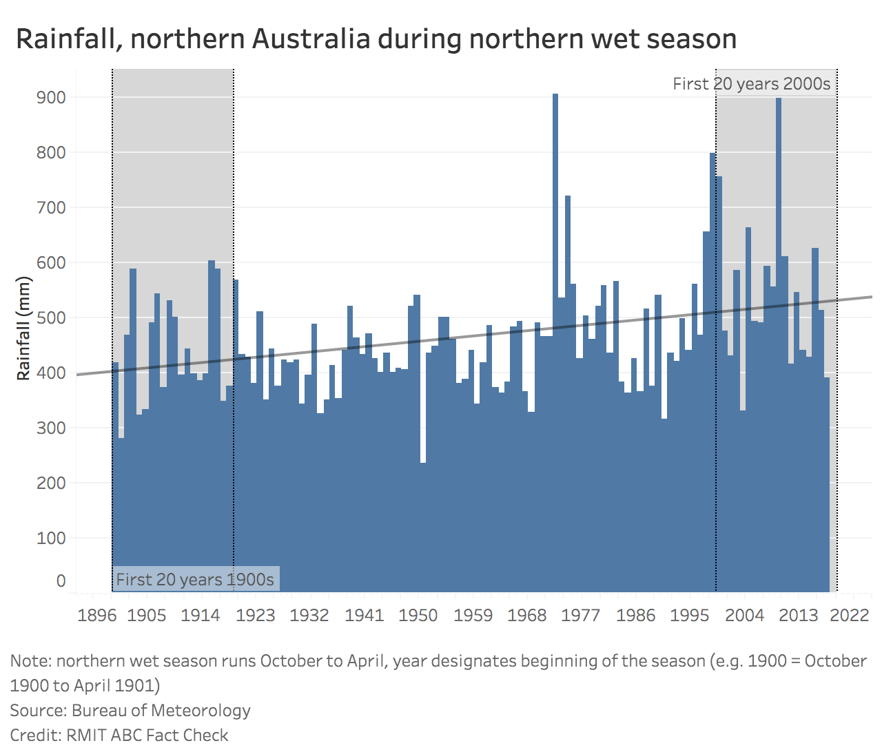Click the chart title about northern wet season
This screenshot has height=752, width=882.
point(376,39)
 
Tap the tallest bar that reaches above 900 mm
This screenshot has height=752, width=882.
point(555,344)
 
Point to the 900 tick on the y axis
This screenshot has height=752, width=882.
point(51,97)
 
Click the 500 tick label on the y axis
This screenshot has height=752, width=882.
point(51,317)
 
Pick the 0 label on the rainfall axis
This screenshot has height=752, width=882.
point(61,581)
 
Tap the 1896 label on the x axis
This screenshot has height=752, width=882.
point(97,615)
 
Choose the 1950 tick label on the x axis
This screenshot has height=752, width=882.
point(418,615)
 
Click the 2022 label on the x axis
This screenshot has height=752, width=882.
point(850,615)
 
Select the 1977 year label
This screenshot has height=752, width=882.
point(581,615)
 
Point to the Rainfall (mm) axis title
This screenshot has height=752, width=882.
point(24,328)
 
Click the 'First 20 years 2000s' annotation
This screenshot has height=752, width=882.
point(751,84)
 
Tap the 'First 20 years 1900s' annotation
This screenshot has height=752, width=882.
point(195,580)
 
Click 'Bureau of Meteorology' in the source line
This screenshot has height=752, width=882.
point(161,710)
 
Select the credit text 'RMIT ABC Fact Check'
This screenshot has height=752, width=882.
point(147,735)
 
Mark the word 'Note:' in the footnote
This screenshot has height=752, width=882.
point(31,661)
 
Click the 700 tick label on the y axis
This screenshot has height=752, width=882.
point(51,207)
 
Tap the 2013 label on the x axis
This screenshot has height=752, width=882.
point(798,615)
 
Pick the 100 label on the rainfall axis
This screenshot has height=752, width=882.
point(51,538)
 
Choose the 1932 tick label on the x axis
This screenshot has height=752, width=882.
point(309,615)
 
